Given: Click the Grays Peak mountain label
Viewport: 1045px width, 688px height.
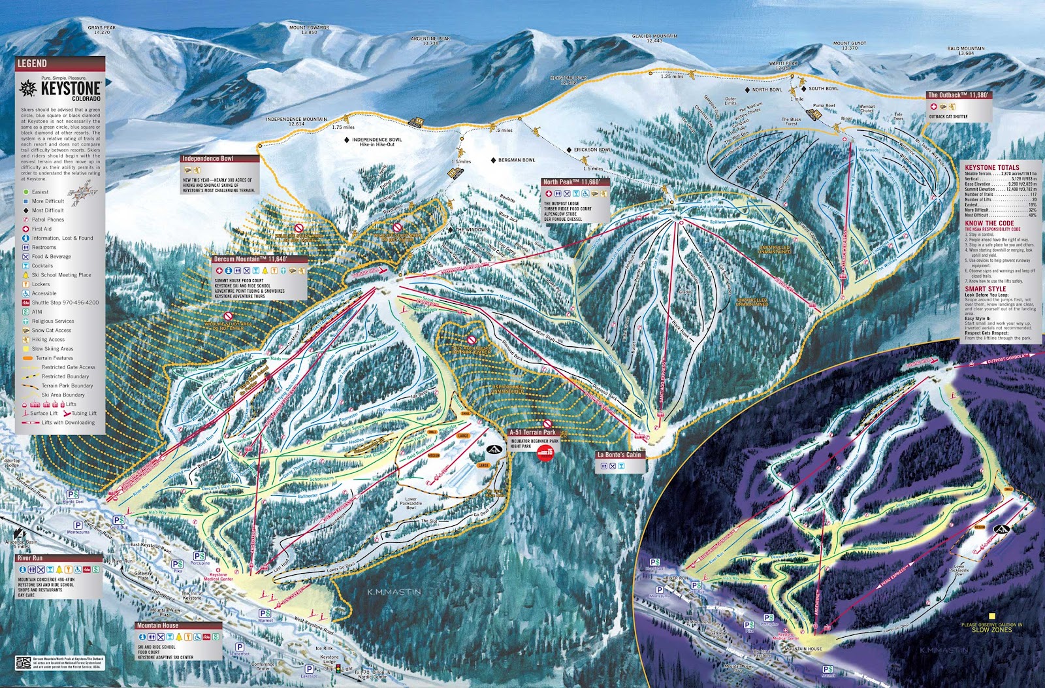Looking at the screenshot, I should [101, 28].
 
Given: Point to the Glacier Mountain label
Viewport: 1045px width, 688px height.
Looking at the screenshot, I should [654, 37].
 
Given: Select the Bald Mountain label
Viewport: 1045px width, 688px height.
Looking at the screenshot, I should [966, 49].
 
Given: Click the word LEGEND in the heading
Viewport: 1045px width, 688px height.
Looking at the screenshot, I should [32, 63].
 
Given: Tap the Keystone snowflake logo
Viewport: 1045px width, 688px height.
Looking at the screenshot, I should [29, 88].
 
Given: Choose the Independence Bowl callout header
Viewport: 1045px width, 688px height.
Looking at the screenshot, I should [208, 159].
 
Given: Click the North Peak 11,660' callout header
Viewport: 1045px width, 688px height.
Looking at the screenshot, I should [571, 182].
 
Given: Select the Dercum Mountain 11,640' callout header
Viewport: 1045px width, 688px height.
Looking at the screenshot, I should [251, 259].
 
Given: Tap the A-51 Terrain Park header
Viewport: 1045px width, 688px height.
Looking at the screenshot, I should [533, 432].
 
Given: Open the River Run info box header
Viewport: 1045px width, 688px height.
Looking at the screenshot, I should [30, 558].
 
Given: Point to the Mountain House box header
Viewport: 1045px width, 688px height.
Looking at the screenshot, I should [157, 625].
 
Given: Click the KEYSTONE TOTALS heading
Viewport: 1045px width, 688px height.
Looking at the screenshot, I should [992, 168].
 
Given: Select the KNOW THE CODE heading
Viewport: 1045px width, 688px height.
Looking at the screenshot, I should [989, 223].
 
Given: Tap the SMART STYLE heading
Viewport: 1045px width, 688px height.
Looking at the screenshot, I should [986, 288].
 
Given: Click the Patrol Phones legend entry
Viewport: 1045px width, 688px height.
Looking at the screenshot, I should [48, 220].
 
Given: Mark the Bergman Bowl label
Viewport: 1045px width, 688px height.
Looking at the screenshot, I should [516, 160].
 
